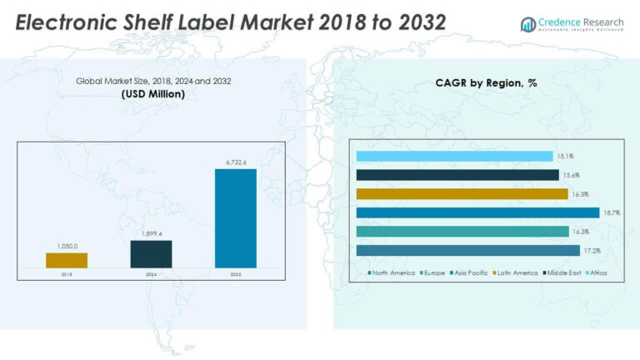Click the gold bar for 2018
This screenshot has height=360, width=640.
pos(67,260)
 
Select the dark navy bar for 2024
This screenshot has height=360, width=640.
pos(151,254)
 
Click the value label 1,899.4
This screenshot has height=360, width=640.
pos(151,234)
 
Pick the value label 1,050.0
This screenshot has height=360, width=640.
pos(67,247)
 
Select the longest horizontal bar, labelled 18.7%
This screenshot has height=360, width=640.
pos(477,212)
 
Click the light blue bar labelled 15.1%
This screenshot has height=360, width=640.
pos(454,156)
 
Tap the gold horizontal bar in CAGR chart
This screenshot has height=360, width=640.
pos(462,193)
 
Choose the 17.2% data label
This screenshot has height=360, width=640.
pos(591,251)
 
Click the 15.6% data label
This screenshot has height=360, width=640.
pos(571,175)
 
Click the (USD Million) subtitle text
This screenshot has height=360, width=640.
pos(152,94)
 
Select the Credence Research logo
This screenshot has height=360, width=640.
pos(572,23)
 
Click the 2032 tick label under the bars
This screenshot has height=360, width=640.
pos(236,272)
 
